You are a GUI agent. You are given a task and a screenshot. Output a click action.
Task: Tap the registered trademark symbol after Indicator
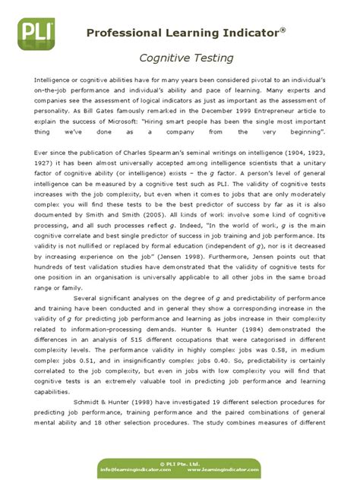click(283, 29)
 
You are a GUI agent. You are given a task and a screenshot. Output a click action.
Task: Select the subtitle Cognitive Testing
click(180, 57)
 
